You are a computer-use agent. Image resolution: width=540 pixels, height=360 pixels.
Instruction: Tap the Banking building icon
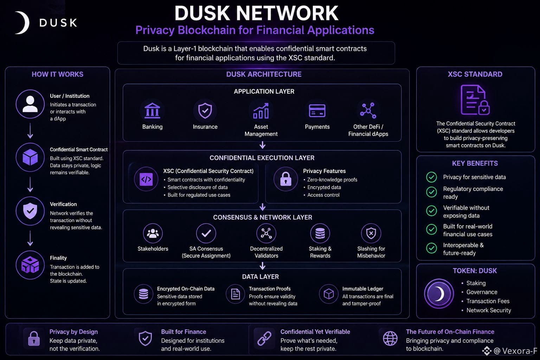point(152,111)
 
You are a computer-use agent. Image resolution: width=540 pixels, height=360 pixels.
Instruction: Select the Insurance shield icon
point(205,111)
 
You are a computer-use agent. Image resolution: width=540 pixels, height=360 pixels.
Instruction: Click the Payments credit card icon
point(317,111)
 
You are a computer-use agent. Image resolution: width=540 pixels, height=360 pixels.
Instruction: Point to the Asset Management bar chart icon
point(261,111)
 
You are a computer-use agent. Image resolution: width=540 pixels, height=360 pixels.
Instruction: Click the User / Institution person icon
point(30,104)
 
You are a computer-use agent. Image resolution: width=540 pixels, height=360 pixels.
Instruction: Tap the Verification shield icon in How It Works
point(30,211)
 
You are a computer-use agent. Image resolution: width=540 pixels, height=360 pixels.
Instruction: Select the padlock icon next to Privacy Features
point(286,179)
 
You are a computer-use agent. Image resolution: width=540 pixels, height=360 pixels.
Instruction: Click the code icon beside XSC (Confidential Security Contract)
point(146,179)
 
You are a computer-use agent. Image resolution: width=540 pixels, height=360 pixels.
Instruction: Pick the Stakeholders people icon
point(153,233)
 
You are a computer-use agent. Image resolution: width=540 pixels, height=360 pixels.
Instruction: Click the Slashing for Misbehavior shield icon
point(371,233)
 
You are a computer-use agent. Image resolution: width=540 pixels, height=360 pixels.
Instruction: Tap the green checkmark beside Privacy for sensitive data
point(431,177)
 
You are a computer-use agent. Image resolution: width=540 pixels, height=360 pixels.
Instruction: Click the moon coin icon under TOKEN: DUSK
point(439,294)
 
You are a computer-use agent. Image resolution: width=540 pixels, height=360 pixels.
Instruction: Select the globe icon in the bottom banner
point(390,338)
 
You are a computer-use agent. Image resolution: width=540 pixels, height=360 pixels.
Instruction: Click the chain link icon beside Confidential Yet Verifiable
point(264,338)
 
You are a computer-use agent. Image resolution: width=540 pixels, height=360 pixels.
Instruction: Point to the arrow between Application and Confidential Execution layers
point(263,145)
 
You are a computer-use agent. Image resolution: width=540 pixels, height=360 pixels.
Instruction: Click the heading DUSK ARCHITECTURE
point(264,74)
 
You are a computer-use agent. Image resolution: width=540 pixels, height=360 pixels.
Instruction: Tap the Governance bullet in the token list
point(482,292)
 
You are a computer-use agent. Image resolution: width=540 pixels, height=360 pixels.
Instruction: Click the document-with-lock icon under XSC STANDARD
point(475,100)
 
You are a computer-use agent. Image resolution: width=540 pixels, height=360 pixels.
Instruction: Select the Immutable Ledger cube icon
point(329,294)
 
